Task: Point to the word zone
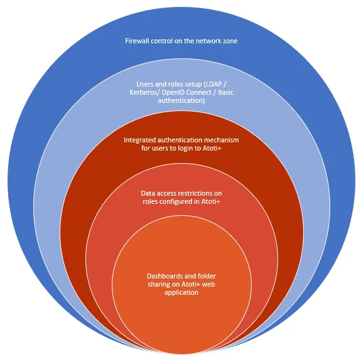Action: point(230,41)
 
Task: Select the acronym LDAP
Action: point(213,84)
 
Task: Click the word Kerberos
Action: point(144,92)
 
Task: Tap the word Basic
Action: point(225,92)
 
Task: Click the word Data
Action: point(147,193)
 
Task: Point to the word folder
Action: point(206,276)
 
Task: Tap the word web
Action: point(208,284)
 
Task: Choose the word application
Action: point(181,293)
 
